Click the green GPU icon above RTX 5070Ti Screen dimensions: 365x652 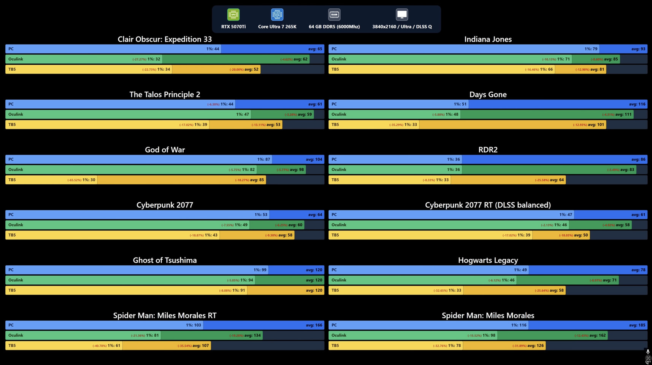click(x=233, y=14)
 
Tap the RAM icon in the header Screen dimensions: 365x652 click(x=334, y=14)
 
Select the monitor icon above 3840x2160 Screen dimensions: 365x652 click(x=402, y=14)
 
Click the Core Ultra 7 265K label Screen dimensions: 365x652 click(x=277, y=27)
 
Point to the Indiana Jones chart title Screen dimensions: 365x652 click(x=488, y=39)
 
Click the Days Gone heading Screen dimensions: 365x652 click(x=488, y=94)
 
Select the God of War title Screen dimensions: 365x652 click(x=165, y=150)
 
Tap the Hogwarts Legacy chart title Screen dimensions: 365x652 click(x=488, y=260)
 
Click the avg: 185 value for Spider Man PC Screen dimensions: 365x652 click(x=637, y=325)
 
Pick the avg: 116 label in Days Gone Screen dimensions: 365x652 click(x=637, y=104)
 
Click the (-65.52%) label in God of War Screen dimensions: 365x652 click(x=74, y=180)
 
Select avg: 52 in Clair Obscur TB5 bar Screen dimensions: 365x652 click(x=251, y=70)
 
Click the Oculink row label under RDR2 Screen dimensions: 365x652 click(x=339, y=170)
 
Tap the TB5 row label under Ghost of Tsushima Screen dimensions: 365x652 click(x=12, y=290)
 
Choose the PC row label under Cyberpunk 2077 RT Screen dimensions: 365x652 click(x=334, y=215)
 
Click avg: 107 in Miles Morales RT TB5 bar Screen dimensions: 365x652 click(x=201, y=346)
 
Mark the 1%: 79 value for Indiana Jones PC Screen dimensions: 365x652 click(x=591, y=49)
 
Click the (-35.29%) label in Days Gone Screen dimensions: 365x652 click(x=396, y=125)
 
